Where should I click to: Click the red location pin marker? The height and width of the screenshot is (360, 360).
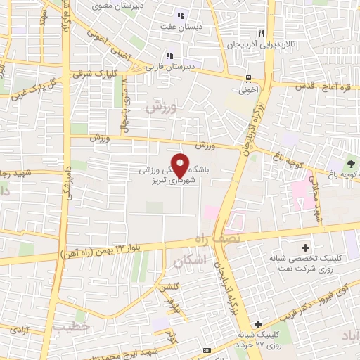click(181, 165)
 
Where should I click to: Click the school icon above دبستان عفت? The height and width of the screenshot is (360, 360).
click(180, 15)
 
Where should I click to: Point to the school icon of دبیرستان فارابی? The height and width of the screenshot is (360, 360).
click(169, 56)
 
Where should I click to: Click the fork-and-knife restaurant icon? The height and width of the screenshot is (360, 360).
click(261, 33)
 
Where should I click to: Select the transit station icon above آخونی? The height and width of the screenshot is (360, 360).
click(248, 79)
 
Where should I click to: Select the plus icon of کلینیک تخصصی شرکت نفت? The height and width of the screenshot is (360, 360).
click(304, 247)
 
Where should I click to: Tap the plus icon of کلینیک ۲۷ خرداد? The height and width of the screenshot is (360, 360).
click(259, 324)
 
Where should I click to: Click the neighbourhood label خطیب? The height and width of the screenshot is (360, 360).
click(72, 326)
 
